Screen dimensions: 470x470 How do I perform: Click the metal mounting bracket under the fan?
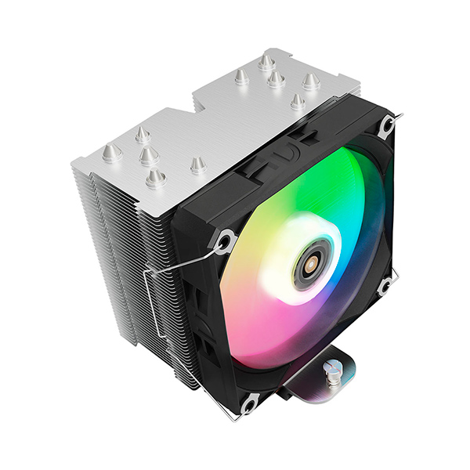point(313,392)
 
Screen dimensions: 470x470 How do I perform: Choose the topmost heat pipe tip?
point(266,60)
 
